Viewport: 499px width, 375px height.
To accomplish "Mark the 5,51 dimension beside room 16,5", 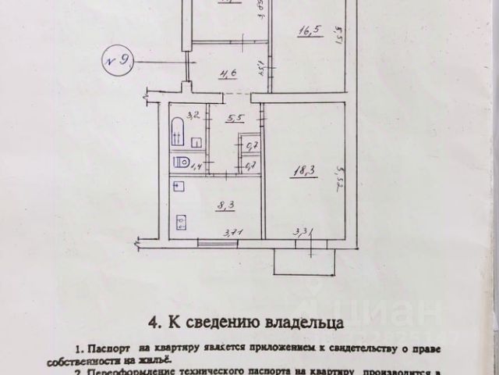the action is [x=337, y=35].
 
